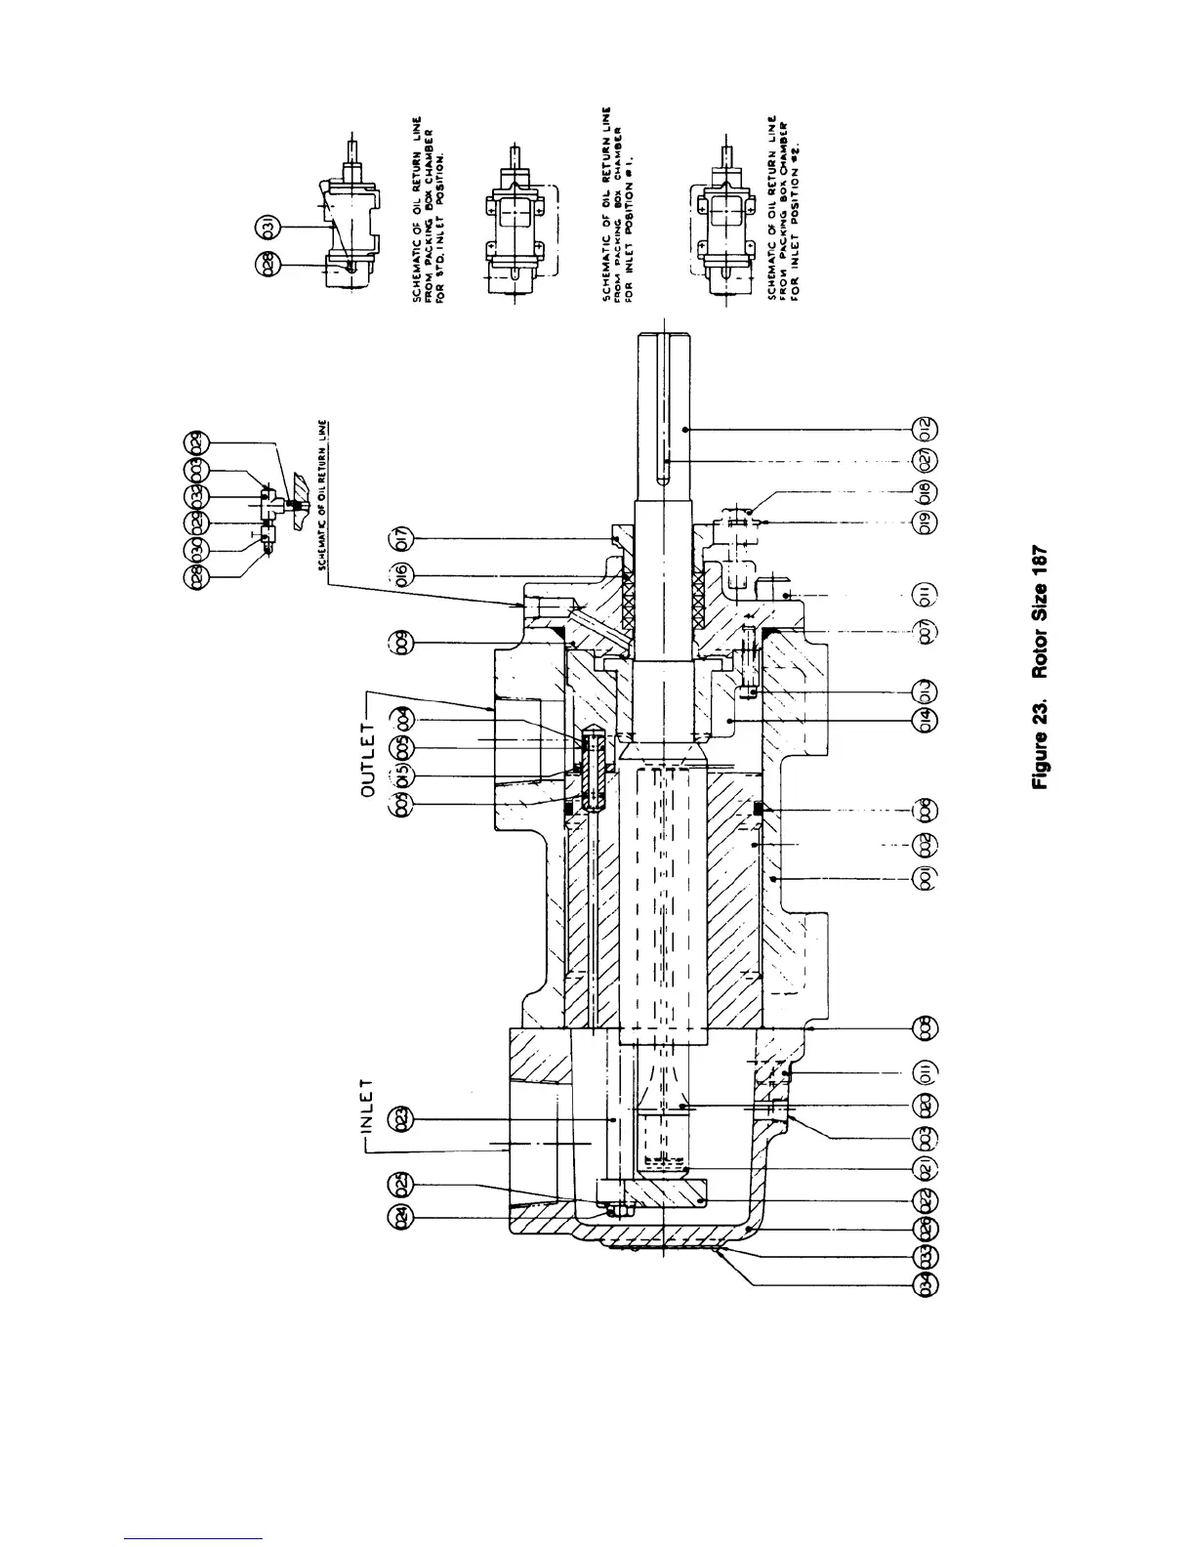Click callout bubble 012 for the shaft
[x=927, y=429]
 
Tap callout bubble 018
[x=927, y=491]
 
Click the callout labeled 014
[x=927, y=722]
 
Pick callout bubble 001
[x=927, y=878]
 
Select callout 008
[x=927, y=1027]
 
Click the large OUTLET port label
[x=368, y=750]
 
